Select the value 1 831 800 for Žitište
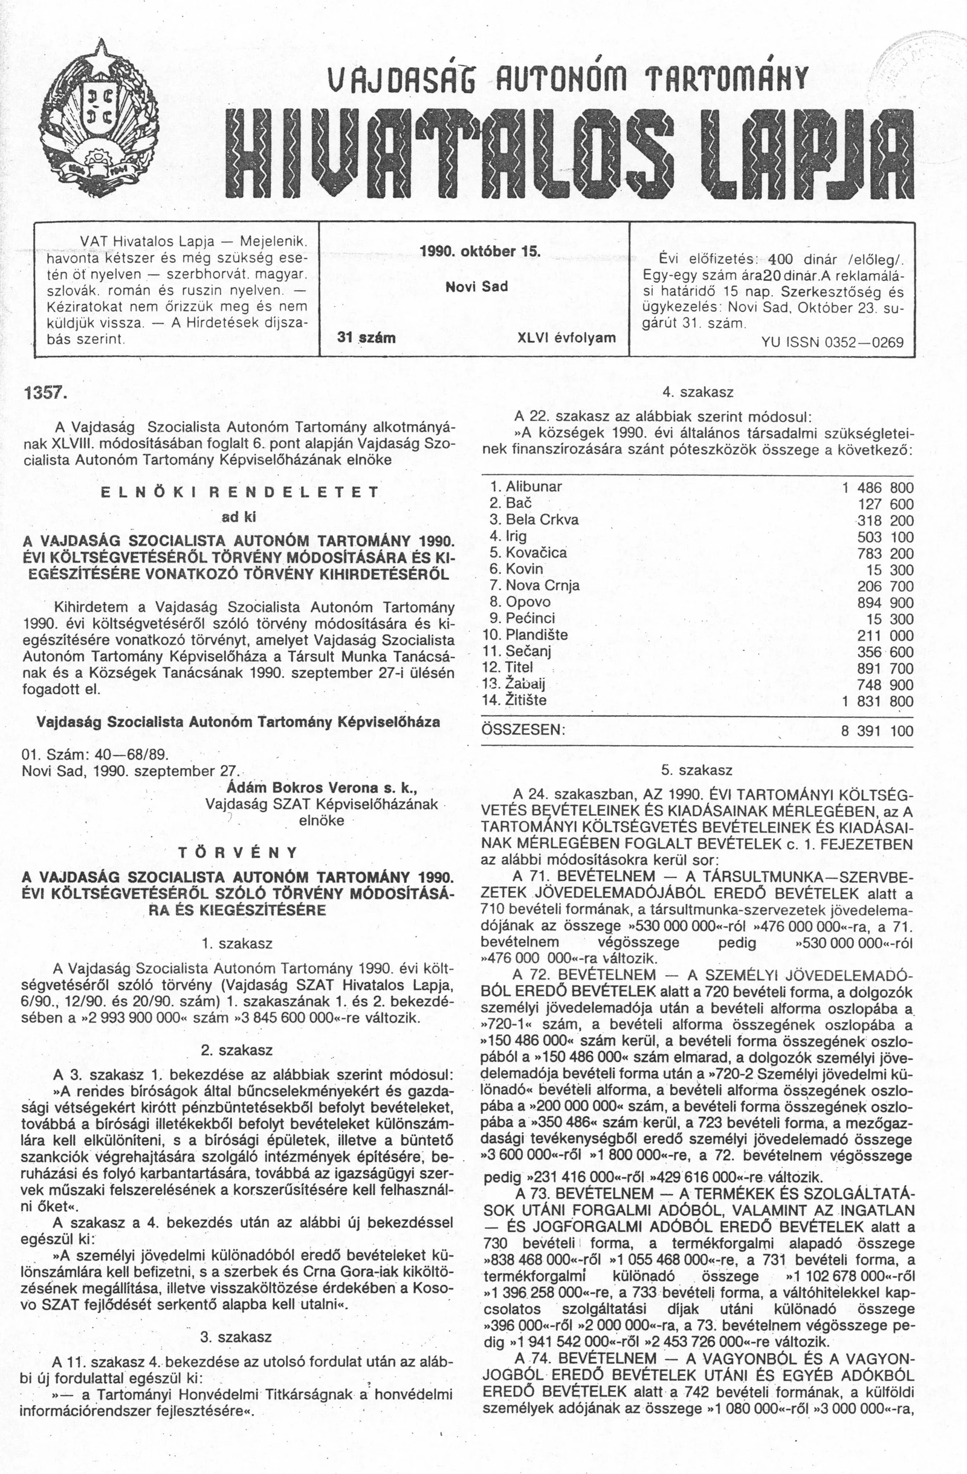click(876, 701)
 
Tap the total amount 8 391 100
click(876, 731)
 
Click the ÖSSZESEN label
click(523, 730)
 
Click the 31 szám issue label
click(366, 338)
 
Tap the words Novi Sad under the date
click(476, 286)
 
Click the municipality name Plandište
click(536, 635)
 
